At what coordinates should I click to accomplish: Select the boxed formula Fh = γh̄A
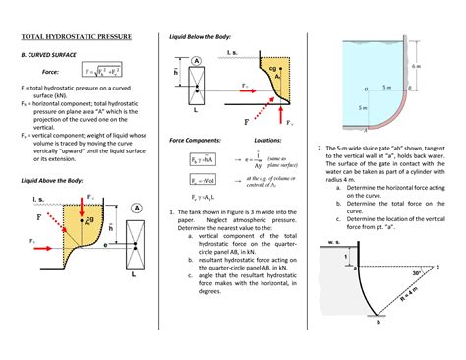click(x=202, y=161)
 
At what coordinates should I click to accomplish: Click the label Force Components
click(x=195, y=140)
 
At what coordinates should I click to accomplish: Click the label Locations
click(x=267, y=140)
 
